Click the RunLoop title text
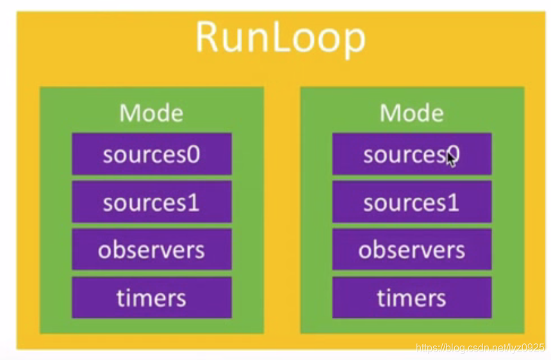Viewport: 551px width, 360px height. pos(280,38)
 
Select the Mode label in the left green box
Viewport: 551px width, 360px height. pos(151,113)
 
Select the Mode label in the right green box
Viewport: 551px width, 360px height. pos(411,113)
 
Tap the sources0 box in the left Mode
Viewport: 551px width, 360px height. pos(151,154)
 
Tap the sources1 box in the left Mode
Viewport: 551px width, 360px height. pos(151,202)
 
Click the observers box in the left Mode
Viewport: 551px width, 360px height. pos(151,250)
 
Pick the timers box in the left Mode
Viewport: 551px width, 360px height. pos(151,298)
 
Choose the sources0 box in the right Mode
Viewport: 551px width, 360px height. pos(411,154)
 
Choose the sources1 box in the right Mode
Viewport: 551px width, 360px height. pos(411,202)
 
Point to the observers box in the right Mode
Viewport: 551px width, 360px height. pos(411,250)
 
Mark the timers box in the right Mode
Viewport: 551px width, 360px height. pos(411,298)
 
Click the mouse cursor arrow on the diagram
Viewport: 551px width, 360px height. pos(451,158)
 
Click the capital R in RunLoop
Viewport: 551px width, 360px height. pos(208,38)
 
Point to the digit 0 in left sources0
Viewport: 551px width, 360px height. pos(193,155)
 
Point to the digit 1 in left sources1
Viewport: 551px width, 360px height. pos(193,203)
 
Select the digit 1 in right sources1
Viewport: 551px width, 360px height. pos(453,203)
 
